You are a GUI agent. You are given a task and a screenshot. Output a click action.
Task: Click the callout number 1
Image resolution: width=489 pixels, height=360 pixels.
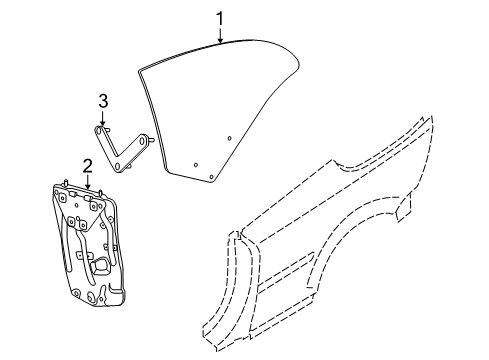(x=220, y=17)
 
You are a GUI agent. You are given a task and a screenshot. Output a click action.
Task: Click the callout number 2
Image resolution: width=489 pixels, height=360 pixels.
(x=88, y=165)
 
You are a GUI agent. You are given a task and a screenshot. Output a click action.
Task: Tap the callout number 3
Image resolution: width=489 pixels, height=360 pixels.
(x=102, y=100)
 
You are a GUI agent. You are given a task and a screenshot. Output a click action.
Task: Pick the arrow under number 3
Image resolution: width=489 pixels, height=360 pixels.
(x=102, y=117)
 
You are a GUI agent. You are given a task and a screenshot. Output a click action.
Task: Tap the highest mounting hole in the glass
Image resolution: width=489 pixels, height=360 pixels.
(x=229, y=137)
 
